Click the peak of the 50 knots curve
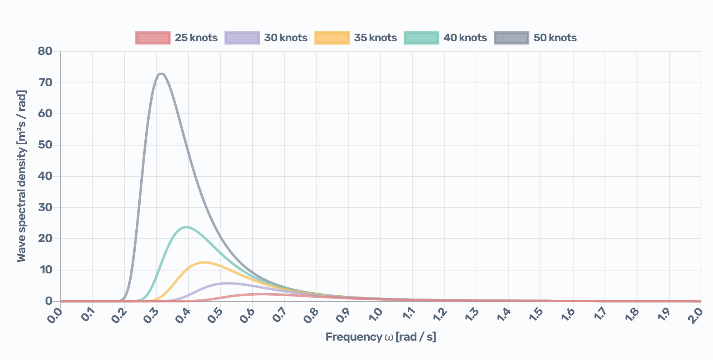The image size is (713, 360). [161, 74]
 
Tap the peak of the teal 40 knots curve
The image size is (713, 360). [187, 227]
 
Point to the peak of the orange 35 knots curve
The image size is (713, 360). [204, 262]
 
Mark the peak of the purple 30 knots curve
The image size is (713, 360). [227, 283]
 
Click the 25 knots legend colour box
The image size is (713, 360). [153, 38]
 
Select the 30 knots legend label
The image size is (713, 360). [286, 38]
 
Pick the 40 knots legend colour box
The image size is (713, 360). [421, 38]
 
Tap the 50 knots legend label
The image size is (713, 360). [555, 38]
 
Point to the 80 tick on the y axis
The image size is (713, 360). [45, 51]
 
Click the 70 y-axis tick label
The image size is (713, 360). [45, 82]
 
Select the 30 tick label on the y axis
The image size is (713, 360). [45, 207]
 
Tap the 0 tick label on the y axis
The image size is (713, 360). [49, 301]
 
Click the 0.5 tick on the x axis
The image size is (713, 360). [215, 315]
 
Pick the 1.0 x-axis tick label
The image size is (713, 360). [375, 315]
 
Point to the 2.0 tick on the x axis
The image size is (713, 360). [695, 315]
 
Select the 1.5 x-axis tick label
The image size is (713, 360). [535, 315]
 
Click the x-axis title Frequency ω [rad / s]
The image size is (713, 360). [380, 337]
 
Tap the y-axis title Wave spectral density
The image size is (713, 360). [21, 176]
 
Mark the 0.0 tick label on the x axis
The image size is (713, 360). [55, 315]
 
